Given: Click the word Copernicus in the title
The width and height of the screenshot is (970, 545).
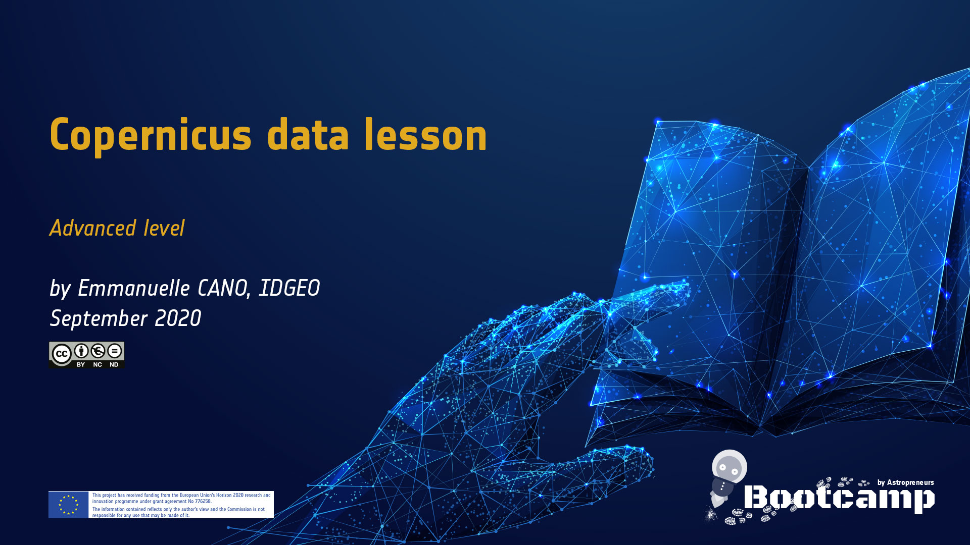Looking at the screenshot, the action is (151, 135).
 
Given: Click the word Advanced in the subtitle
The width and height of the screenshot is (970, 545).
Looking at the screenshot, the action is (93, 228).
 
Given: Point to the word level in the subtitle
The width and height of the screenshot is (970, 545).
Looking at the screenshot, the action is (164, 228).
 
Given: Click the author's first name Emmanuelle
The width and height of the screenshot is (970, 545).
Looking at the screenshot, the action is (134, 288).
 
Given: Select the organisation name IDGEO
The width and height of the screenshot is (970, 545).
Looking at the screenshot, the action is (289, 288).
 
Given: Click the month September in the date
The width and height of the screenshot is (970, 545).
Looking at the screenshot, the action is (99, 319).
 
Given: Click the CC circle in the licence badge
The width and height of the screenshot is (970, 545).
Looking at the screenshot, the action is (62, 354).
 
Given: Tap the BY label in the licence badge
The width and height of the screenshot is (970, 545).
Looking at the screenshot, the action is (81, 364).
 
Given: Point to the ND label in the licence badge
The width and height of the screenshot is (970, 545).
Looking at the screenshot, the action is (114, 364).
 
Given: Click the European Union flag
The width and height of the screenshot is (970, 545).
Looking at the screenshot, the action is (69, 505).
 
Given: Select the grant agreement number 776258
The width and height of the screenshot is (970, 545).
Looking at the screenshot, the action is (203, 502).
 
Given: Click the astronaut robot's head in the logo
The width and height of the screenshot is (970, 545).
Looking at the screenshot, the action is (730, 467).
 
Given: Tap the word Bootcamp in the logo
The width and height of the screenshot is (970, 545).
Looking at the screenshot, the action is (839, 499).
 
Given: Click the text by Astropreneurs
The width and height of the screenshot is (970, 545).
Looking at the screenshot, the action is (905, 482).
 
